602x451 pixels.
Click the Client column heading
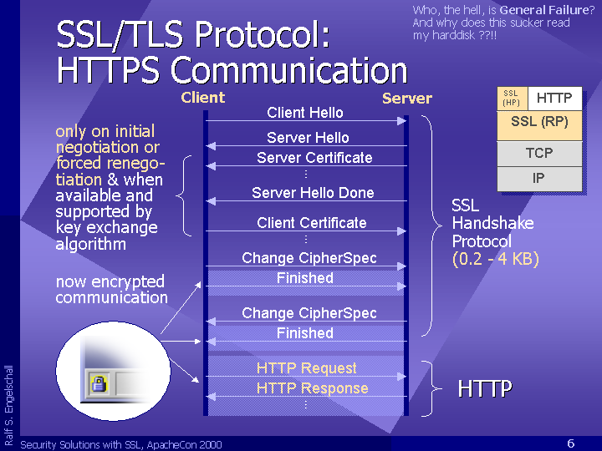point(202,98)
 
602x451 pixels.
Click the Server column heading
point(407,99)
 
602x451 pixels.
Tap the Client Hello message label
point(305,113)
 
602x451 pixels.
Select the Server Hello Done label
point(313,193)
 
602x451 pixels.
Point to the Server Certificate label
point(314,158)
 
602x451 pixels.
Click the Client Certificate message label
point(311,223)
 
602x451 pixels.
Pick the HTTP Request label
point(306,368)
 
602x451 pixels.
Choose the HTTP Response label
point(312,388)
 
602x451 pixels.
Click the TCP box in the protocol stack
point(539,154)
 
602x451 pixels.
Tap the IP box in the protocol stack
point(539,179)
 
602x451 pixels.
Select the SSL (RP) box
point(539,125)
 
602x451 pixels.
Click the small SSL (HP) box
point(512,99)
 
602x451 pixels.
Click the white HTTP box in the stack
point(555,99)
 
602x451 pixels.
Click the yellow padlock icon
point(99,384)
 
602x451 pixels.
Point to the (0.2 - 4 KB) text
point(496,259)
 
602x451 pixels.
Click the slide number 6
point(571,443)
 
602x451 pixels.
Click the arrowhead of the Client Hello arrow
point(401,121)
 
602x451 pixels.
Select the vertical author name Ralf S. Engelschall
point(9,405)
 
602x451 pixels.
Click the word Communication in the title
point(288,70)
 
